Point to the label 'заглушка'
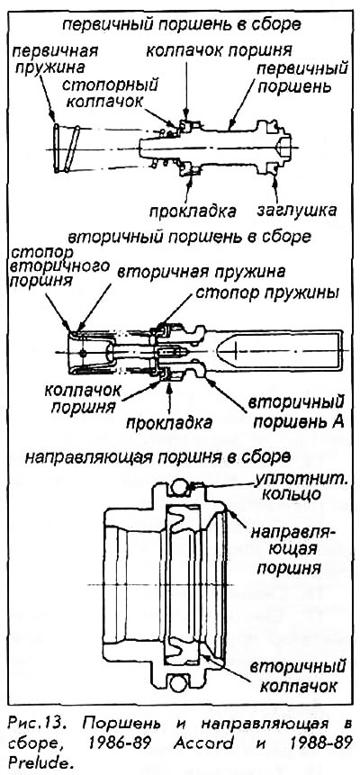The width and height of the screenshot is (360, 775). coord(297,211)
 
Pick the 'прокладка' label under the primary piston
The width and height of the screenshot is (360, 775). coord(193,212)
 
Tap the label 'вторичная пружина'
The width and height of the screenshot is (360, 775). coord(202,272)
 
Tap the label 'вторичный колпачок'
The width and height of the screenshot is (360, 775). coord(293,676)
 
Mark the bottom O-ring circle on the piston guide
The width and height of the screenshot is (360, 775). coord(179,683)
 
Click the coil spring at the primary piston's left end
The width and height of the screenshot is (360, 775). coord(67,149)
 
